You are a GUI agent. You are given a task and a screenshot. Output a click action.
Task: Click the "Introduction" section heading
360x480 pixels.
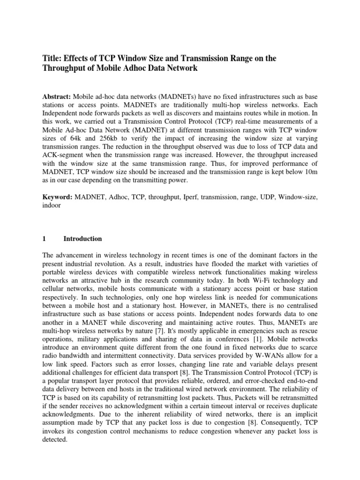tap(82, 239)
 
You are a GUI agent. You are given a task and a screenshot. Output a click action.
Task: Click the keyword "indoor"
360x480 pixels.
tap(52, 205)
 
